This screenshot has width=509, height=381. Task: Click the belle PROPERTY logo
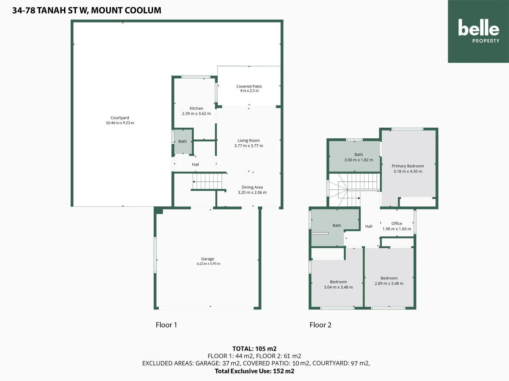click(478, 31)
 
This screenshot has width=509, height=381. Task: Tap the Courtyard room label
click(120, 118)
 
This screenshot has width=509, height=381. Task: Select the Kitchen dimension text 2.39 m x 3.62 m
click(196, 114)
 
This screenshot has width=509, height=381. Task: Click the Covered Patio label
click(249, 86)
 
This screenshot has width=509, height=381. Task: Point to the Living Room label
click(248, 140)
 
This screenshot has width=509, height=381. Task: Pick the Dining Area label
click(252, 187)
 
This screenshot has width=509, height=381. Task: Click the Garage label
click(207, 259)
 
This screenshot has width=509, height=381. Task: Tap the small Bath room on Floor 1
click(183, 141)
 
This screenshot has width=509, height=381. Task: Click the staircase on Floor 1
click(207, 181)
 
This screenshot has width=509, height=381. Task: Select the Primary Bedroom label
click(408, 166)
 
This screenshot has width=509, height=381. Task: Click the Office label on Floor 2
click(397, 224)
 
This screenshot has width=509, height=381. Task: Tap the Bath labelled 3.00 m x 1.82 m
click(358, 157)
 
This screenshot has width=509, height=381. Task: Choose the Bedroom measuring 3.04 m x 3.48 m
click(338, 284)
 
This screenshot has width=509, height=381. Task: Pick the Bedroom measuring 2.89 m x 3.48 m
click(389, 281)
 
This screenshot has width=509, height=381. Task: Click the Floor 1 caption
click(166, 325)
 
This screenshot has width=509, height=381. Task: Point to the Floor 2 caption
click(320, 325)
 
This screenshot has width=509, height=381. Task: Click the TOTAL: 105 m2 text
click(254, 349)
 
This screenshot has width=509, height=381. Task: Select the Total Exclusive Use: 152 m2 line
click(254, 371)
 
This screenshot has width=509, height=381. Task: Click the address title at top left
click(87, 11)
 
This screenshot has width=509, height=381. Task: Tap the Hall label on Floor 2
click(369, 226)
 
